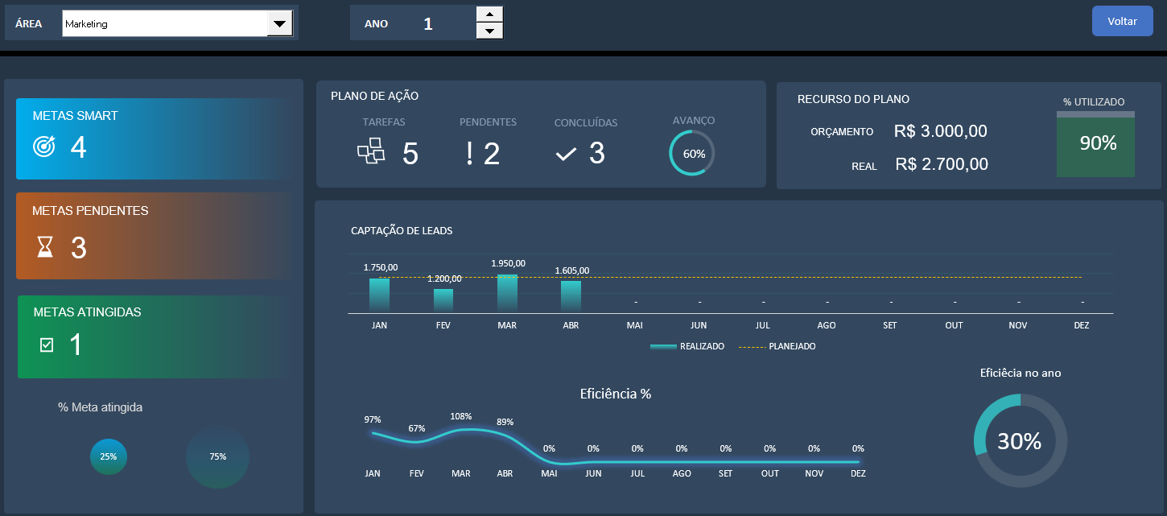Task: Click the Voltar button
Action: tap(1122, 22)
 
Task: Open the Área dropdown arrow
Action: tap(279, 24)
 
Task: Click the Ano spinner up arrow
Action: tap(490, 14)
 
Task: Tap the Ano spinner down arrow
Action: tap(490, 31)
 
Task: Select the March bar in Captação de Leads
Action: tap(507, 293)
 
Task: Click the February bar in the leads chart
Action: tap(443, 300)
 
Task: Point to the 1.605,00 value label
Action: tap(571, 270)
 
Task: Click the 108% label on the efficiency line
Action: tap(461, 416)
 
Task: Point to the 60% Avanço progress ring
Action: tap(692, 153)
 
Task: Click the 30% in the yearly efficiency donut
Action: tap(1020, 441)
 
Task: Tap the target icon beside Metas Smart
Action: tap(44, 147)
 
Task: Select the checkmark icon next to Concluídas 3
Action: tap(566, 154)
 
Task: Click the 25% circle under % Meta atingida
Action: tap(108, 456)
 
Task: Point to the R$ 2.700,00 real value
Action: tap(942, 164)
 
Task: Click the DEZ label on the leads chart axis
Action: tap(1082, 325)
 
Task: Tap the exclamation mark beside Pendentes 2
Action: tap(469, 153)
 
